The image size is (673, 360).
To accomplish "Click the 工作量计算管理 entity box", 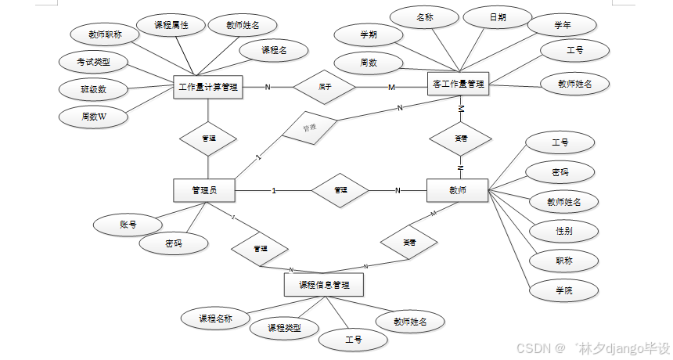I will pyautogui.click(x=208, y=86).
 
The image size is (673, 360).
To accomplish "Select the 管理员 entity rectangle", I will pyautogui.click(x=203, y=189).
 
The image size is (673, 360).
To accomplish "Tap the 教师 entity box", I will pyautogui.click(x=457, y=189).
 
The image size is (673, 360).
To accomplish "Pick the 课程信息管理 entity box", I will pyautogui.click(x=324, y=284).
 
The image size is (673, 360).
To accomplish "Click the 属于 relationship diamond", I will pyautogui.click(x=324, y=86).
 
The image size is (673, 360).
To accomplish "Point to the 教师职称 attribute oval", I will pyautogui.click(x=103, y=34).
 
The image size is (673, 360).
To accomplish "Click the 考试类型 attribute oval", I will pyautogui.click(x=93, y=61).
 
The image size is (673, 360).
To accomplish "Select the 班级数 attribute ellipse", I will pyautogui.click(x=93, y=89).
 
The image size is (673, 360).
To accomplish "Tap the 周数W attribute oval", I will pyautogui.click(x=93, y=117).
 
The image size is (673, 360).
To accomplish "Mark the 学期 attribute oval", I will pyautogui.click(x=368, y=34).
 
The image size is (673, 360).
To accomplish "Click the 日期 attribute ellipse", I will pyautogui.click(x=498, y=16).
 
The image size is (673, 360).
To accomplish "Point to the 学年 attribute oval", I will pyautogui.click(x=562, y=25).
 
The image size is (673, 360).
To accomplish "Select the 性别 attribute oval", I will pyautogui.click(x=563, y=231).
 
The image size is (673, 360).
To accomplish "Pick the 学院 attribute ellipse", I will pyautogui.click(x=563, y=290).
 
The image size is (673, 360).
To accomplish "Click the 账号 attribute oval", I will pyautogui.click(x=128, y=225).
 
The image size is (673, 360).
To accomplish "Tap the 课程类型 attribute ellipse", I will pyautogui.click(x=284, y=327).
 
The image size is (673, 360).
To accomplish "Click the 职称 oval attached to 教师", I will pyautogui.click(x=563, y=261).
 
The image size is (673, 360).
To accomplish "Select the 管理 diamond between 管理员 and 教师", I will pyautogui.click(x=340, y=189).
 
